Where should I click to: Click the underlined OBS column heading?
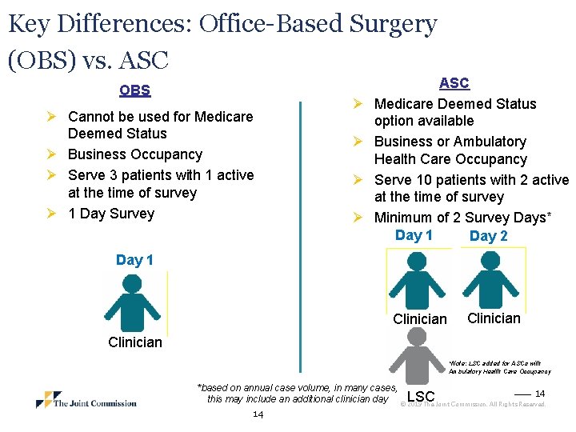click(135, 90)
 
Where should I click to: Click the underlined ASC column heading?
click(454, 83)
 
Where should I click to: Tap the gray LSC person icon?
click(417, 354)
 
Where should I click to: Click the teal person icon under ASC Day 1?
click(417, 280)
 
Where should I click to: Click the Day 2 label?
click(488, 236)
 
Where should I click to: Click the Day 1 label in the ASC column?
click(414, 235)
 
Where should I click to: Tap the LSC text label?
click(421, 397)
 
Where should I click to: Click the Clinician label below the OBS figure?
click(134, 342)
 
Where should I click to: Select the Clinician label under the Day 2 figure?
click(494, 318)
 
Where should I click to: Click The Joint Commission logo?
click(86, 400)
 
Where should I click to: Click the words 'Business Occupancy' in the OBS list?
click(135, 154)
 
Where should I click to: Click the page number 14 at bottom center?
click(258, 414)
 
